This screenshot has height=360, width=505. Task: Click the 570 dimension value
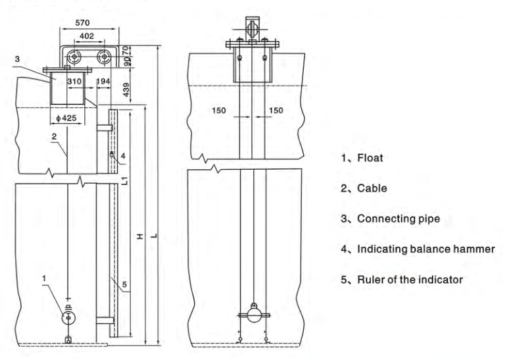point(82,23)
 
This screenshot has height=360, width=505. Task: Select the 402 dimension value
point(87,36)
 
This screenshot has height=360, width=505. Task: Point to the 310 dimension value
point(74,81)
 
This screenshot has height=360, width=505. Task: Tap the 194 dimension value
point(103,81)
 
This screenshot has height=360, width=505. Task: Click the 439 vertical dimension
point(126,90)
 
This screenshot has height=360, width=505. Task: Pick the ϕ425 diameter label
point(66,118)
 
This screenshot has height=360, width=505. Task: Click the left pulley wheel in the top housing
point(74,57)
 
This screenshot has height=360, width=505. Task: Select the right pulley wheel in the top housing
point(105,57)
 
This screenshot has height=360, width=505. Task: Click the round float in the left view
point(68,318)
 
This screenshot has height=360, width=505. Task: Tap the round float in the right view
point(254,315)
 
